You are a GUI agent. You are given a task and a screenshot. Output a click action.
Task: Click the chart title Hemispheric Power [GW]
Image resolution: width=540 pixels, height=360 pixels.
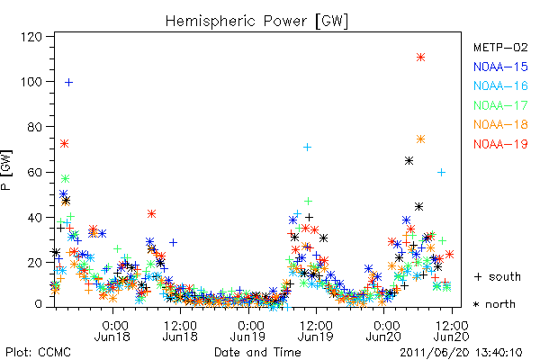click(x=256, y=22)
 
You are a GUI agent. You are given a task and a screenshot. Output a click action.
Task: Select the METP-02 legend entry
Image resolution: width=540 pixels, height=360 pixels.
click(x=500, y=47)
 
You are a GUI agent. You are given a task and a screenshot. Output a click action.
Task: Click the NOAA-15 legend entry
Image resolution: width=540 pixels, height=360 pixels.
click(x=500, y=67)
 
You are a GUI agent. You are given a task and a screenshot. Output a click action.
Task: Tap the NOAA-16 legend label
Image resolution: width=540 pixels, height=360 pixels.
click(x=500, y=85)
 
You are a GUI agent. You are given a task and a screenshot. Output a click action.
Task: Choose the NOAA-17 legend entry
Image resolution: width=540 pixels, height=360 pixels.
click(x=500, y=105)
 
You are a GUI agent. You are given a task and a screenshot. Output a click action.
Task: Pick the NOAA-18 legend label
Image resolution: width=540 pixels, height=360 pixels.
click(x=500, y=124)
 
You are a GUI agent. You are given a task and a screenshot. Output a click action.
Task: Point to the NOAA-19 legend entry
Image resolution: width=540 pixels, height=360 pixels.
click(x=500, y=144)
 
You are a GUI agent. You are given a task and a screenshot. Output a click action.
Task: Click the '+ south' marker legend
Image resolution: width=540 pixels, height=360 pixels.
click(x=498, y=276)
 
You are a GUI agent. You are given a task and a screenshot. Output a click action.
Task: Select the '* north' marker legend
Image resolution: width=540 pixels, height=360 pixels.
click(x=494, y=304)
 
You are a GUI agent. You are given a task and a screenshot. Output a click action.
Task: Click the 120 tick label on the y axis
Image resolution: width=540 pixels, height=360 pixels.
click(x=31, y=37)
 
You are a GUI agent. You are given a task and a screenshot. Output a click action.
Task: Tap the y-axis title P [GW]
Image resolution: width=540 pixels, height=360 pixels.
click(x=6, y=170)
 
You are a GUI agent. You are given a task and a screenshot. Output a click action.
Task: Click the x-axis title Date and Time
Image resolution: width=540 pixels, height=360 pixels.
click(x=257, y=352)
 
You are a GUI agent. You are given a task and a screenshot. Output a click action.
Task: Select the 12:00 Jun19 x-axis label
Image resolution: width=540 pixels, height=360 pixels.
click(x=316, y=331)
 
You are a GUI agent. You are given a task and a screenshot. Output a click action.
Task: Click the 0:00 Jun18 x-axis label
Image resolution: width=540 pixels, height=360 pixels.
click(x=112, y=331)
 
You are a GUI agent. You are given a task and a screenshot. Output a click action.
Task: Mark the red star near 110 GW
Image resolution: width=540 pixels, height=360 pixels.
click(x=420, y=58)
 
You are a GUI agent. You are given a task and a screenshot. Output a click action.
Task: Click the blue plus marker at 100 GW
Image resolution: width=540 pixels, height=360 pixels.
click(x=69, y=82)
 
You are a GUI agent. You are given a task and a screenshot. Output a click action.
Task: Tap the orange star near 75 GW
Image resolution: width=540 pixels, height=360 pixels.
click(x=420, y=139)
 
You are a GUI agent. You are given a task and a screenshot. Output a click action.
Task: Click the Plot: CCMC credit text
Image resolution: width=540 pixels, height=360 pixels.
click(x=38, y=352)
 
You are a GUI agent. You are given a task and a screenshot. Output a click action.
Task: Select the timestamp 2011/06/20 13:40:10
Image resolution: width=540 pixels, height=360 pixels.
click(x=461, y=353)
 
